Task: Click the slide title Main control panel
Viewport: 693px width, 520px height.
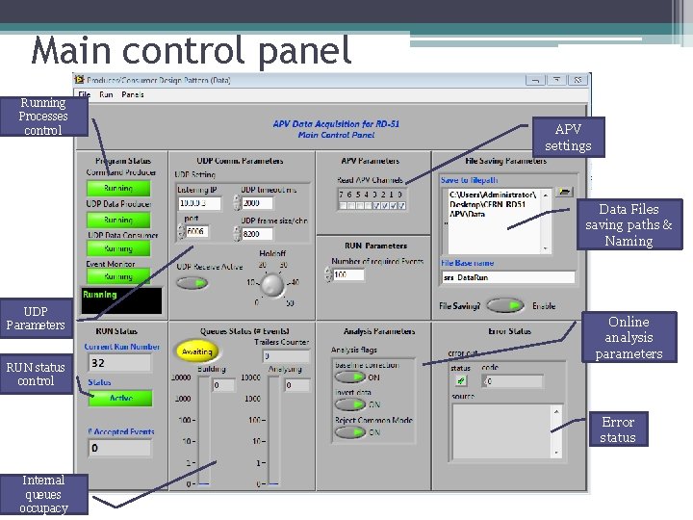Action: pos(192,50)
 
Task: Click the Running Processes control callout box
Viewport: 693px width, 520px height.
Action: pos(43,117)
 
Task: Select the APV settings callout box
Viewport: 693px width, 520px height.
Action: pos(568,137)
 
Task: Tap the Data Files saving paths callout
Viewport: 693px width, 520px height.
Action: pos(629,224)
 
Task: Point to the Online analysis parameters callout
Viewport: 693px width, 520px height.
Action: pos(629,338)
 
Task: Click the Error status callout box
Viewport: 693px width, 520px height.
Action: pos(618,429)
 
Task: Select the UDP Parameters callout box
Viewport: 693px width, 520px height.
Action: pos(36,318)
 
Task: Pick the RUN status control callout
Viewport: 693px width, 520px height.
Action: pos(36,374)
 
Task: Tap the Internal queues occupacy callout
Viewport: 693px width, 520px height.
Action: pos(43,494)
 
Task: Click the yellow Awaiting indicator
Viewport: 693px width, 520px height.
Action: pos(196,352)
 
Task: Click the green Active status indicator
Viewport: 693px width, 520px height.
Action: pos(120,398)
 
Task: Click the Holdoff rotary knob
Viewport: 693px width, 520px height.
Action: pos(273,285)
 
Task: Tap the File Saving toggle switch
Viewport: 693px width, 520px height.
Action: pos(504,306)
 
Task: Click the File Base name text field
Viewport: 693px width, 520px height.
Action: pos(507,277)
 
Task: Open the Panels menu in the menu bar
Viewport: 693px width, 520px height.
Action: pos(133,94)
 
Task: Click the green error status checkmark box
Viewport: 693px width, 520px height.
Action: pos(462,381)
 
